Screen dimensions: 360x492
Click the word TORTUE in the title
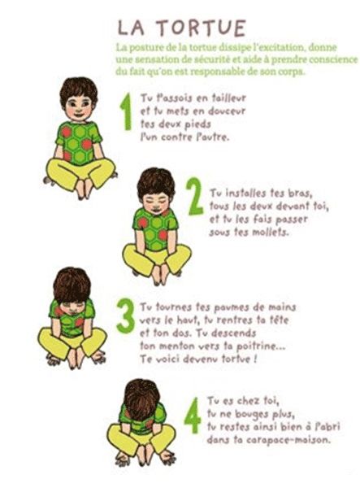(x=202, y=28)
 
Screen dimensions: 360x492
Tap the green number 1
(x=127, y=111)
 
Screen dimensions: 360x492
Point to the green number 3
(x=125, y=316)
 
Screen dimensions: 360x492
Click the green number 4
(x=193, y=415)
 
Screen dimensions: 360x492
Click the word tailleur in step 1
(x=228, y=98)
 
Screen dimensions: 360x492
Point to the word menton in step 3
(x=176, y=346)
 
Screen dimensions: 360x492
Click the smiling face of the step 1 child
(x=78, y=108)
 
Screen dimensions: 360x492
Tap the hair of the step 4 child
(x=141, y=398)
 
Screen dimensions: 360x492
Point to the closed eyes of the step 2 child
(x=156, y=200)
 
